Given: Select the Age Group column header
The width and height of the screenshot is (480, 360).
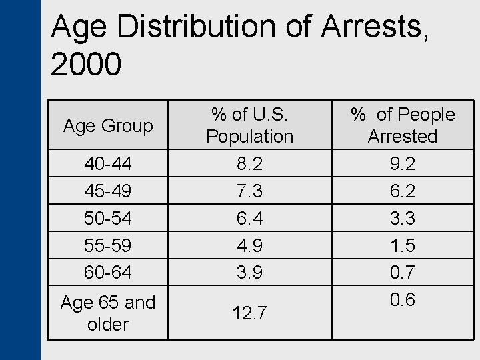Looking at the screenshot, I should coord(107,125).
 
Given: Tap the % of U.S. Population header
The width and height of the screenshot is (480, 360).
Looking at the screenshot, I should coord(249,125).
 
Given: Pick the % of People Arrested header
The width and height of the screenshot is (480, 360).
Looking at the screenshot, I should coord(402,125).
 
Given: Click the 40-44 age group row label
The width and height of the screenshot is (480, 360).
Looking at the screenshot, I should coord(107,164).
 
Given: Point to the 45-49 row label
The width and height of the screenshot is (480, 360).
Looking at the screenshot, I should coord(107,191).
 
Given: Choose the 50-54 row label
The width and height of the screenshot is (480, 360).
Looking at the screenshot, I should coord(107,218).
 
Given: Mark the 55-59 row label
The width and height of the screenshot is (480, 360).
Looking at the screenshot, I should coord(107,245).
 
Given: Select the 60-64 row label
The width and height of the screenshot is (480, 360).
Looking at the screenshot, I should coord(107,272).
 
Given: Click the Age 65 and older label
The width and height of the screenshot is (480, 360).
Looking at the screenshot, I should coord(107,313).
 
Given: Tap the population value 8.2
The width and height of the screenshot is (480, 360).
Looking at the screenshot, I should coord(249,164).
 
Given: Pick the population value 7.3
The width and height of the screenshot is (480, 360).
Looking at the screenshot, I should coord(249,191).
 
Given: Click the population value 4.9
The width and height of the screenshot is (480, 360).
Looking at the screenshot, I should coord(249,245).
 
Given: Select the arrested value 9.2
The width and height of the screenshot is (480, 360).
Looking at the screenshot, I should coord(402,164).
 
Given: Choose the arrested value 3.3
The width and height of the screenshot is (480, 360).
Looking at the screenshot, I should coord(402,218).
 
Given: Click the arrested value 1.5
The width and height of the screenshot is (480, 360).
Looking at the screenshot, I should coord(402,245).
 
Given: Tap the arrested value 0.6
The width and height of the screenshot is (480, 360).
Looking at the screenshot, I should coord(402,299).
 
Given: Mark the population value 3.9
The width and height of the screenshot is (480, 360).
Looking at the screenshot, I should coord(249,272).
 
